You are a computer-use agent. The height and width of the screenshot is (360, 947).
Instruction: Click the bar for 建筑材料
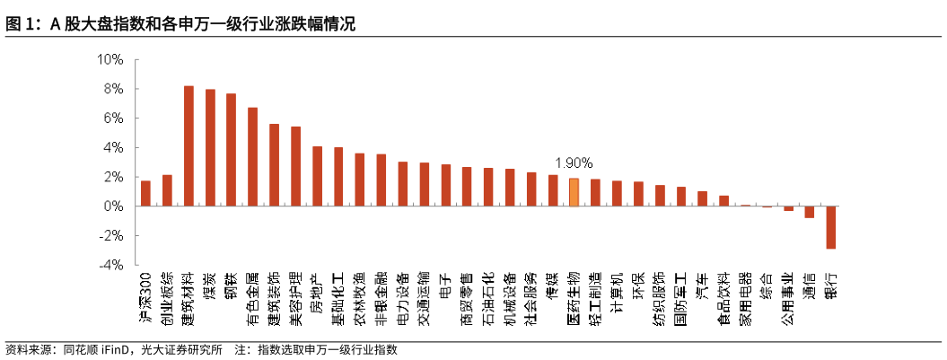[x=189, y=146]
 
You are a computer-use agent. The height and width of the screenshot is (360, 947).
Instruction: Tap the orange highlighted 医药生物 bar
[x=574, y=192]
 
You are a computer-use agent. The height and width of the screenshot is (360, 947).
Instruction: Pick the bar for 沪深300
[x=145, y=193]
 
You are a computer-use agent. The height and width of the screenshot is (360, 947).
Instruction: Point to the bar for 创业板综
[x=167, y=190]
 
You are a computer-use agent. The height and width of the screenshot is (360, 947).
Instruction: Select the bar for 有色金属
[x=253, y=157]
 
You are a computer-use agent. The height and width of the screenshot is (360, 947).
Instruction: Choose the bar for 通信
[x=810, y=212]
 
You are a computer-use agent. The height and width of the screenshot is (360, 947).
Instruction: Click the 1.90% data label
[x=574, y=163]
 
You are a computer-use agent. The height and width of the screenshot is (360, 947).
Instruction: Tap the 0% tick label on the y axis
[x=114, y=206]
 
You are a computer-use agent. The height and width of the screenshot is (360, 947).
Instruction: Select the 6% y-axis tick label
[x=114, y=119]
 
